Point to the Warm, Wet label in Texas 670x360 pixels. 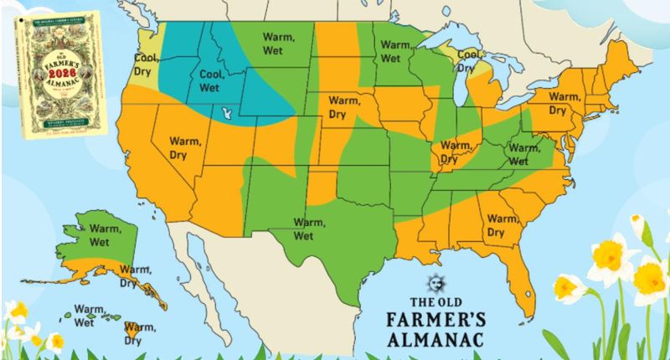click(309, 227)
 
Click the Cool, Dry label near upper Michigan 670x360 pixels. click(469, 60)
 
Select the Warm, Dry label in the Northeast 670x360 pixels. click(564, 103)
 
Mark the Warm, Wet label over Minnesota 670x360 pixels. click(389, 52)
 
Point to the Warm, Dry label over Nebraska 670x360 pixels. click(343, 107)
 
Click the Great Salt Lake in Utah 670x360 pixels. click(224, 111)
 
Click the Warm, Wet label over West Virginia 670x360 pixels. click(518, 154)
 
